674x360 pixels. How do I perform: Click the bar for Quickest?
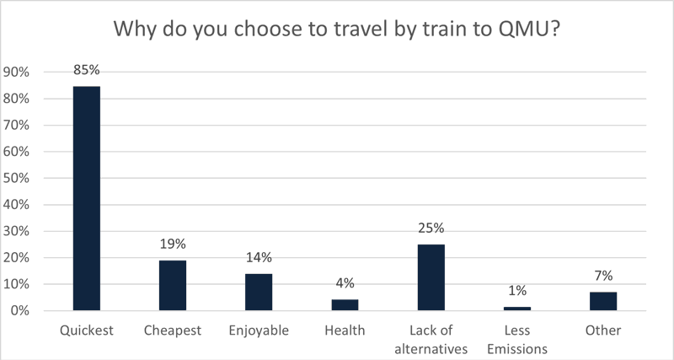[x=87, y=198]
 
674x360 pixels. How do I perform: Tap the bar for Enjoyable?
[x=259, y=292]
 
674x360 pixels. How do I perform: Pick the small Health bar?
[x=345, y=305]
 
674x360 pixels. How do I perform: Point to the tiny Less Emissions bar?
[x=516, y=309]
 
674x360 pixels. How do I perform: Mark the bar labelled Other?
[x=602, y=301]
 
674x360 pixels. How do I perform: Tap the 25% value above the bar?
[x=431, y=228]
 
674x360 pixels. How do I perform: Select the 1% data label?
[x=516, y=291]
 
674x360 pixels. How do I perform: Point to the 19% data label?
[x=173, y=243]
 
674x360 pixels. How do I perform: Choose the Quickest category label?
[x=87, y=330]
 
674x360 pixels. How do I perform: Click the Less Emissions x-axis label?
[x=516, y=338]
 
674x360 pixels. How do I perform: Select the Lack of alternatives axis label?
[x=431, y=338]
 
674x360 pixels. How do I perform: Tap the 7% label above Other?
[x=602, y=275]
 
